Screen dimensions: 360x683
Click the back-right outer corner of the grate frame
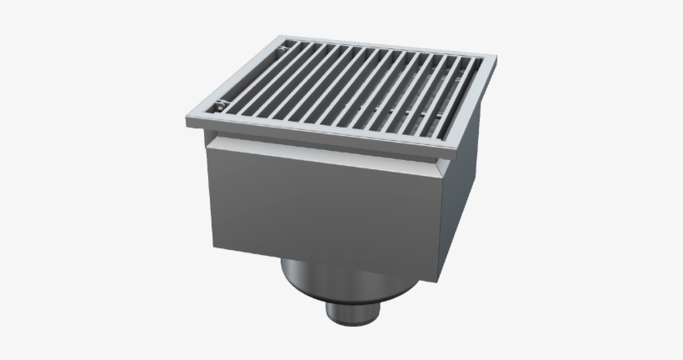coord(497,58)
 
